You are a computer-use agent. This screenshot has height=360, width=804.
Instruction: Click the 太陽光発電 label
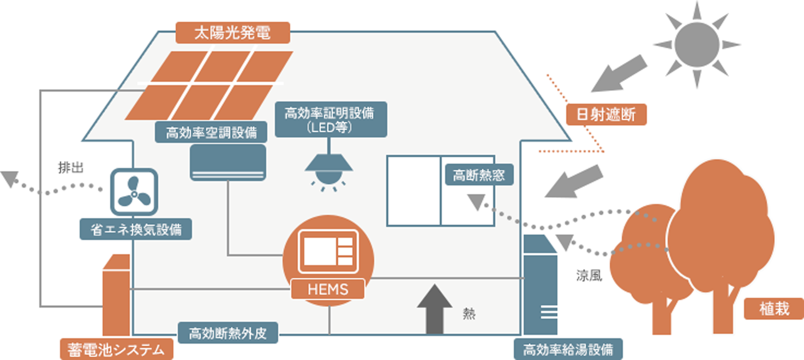click(x=232, y=33)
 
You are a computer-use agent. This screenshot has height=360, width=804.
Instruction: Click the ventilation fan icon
click(x=134, y=191)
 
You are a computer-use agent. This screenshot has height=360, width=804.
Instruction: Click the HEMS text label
click(x=328, y=289)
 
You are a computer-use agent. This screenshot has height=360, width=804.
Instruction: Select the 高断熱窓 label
click(x=479, y=176)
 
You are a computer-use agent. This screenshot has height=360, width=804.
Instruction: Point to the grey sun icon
click(x=697, y=44)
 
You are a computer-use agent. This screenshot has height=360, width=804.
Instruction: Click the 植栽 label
click(x=774, y=309)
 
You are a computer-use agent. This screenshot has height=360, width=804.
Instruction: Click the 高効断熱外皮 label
click(x=228, y=333)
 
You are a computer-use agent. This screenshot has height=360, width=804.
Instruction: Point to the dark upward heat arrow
click(x=434, y=308)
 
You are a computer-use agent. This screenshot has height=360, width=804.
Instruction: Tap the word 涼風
click(x=589, y=276)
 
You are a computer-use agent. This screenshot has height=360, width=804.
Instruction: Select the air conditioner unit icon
click(x=227, y=162)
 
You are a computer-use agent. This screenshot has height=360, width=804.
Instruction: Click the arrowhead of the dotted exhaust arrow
click(x=9, y=178)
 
